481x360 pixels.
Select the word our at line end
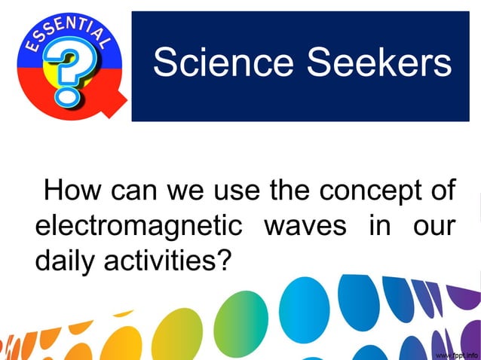coord(434,227)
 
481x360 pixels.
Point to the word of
coord(442,191)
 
